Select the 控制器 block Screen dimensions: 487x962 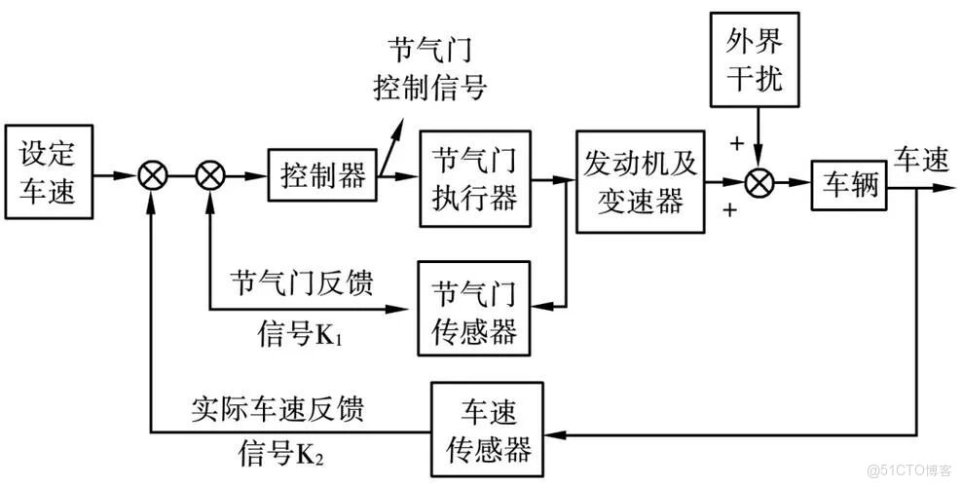coord(323,176)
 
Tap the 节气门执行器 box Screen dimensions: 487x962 coord(474,177)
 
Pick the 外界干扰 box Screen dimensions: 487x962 coord(755,58)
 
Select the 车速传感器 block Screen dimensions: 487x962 coord(489,429)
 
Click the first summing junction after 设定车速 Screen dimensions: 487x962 coord(153,176)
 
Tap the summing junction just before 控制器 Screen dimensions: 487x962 coord(209,176)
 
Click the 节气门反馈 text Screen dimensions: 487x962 coord(302,283)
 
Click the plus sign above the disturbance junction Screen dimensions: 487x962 coord(737,144)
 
